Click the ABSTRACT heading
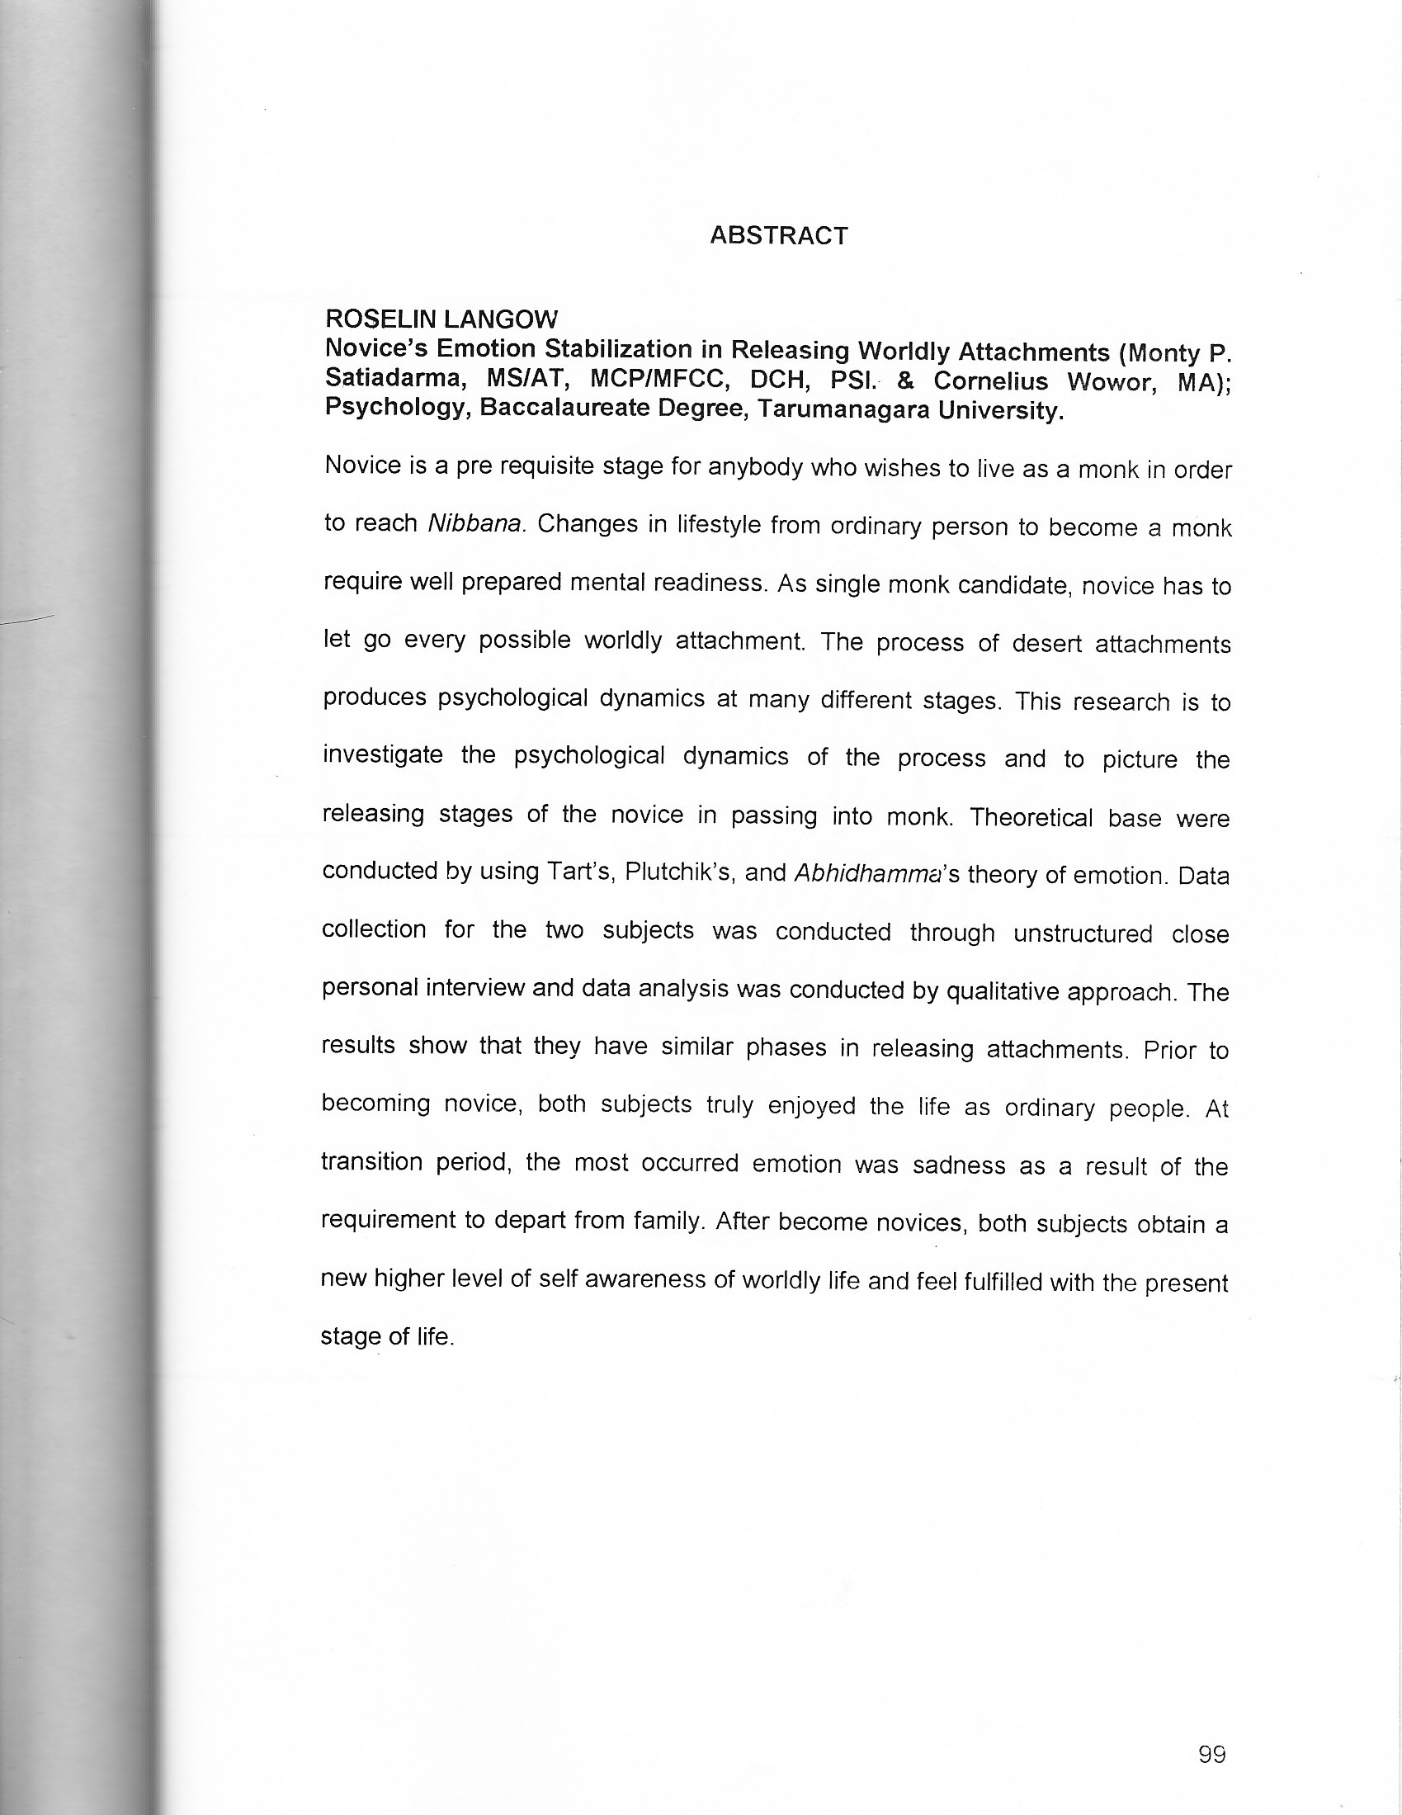(x=779, y=236)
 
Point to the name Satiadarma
(x=391, y=378)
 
